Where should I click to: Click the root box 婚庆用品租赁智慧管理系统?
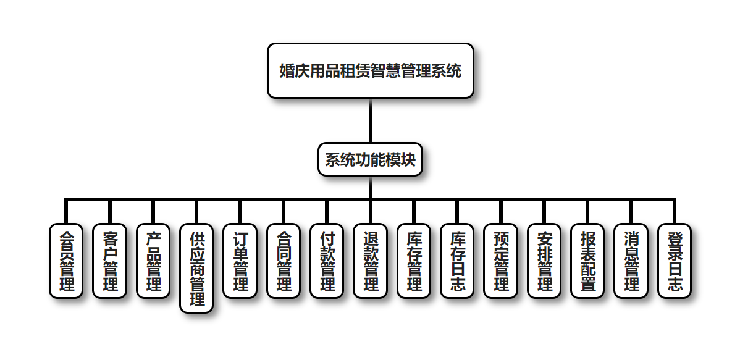pos(370,70)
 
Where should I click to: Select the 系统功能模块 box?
pos(370,159)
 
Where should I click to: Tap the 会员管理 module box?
pos(65,261)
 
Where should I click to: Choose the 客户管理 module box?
pos(109,261)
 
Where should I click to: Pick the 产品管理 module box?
pos(153,261)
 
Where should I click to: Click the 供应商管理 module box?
pos(196,268)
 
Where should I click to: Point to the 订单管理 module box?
pos(240,261)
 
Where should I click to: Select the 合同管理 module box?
pos(283,261)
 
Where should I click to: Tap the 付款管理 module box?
pos(327,261)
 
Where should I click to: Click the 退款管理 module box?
pos(370,261)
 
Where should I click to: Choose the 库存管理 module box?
pos(414,261)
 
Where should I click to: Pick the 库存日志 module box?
pos(457,261)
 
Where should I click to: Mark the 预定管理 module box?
pos(500,261)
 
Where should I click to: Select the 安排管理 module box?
pos(544,261)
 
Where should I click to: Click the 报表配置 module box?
pos(587,261)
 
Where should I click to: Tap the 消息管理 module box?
pos(631,261)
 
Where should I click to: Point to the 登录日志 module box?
pos(674,261)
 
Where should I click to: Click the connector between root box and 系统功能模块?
pos(370,120)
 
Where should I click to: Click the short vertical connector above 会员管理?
pos(65,212)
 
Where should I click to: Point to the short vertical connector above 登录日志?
pos(674,212)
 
